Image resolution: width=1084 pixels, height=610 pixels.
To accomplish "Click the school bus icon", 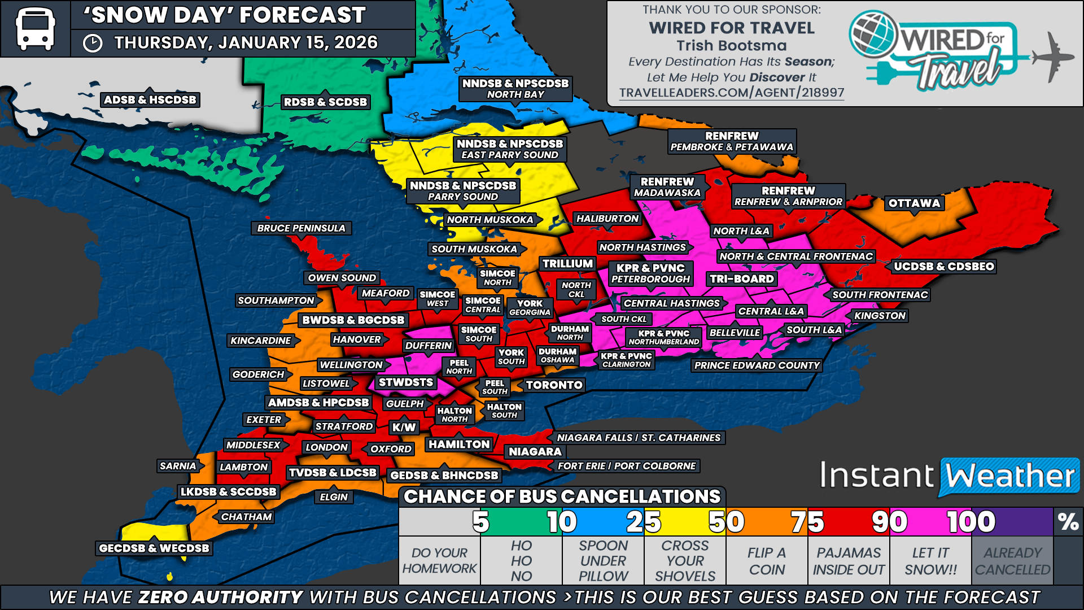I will (35, 28).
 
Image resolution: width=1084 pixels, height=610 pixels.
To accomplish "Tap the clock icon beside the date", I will (93, 43).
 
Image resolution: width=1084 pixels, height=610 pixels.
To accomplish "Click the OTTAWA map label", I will (914, 203).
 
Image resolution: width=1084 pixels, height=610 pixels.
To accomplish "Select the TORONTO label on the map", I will (554, 385).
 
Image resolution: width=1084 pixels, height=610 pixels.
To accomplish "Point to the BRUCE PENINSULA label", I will (301, 228).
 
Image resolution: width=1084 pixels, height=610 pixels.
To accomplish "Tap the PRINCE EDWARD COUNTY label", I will (757, 365).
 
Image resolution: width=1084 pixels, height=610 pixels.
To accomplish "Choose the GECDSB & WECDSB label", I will (154, 548).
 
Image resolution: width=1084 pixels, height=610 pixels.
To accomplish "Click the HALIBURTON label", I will (607, 219).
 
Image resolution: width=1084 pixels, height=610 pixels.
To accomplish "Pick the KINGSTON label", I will (880, 316).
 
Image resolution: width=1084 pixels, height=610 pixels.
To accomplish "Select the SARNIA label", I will (178, 466).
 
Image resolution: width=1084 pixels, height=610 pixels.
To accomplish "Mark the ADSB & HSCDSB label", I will (150, 100).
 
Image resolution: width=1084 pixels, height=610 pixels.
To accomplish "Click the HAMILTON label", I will (459, 445).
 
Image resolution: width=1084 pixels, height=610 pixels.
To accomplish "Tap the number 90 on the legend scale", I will (889, 522).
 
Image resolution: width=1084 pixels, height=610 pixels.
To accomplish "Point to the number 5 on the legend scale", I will (480, 522).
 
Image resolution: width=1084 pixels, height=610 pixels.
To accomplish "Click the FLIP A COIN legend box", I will (767, 561).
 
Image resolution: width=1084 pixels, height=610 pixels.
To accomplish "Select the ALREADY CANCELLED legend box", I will (1012, 561).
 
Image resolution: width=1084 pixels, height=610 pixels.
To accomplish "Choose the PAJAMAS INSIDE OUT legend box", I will (849, 561).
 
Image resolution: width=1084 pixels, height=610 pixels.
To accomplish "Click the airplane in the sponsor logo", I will (1053, 56).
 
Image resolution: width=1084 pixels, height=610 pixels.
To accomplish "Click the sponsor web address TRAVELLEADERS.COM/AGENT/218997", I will (731, 93).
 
